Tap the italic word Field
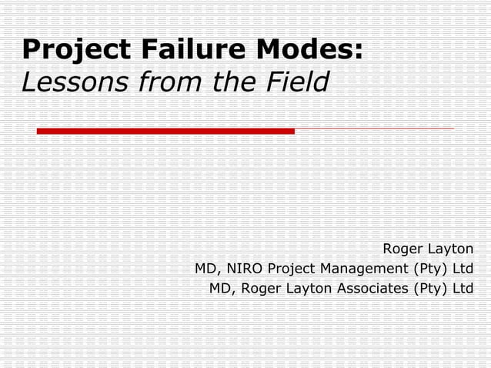[293, 81]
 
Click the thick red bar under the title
[165, 131]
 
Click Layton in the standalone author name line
[450, 249]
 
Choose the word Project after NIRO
[292, 269]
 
